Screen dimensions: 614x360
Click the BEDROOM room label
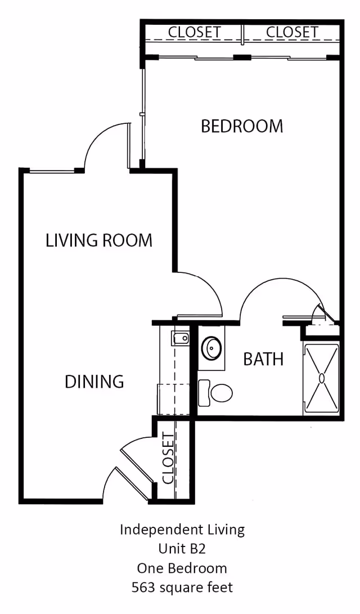point(242,126)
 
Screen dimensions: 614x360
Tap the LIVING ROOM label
point(99,241)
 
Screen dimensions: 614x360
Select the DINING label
point(94,382)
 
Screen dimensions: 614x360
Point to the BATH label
point(263,359)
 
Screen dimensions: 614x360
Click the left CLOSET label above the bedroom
point(194,33)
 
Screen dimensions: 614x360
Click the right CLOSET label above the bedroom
point(292,33)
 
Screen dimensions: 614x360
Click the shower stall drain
point(321,378)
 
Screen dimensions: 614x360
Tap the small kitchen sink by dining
point(181,338)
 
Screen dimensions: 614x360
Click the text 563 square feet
point(182,588)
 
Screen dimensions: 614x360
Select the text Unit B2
point(182,549)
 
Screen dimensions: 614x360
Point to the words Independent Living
point(182,530)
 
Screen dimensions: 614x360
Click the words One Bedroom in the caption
point(182,568)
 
